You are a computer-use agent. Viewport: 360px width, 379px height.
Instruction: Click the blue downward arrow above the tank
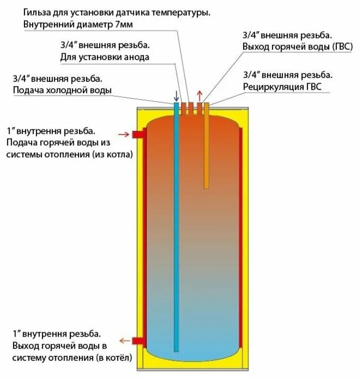tap(176, 95)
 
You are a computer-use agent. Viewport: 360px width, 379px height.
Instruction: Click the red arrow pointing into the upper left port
tap(124, 134)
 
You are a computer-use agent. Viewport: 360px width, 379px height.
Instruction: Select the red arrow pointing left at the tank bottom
tap(125, 341)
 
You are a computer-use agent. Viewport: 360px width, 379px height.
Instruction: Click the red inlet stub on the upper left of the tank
tap(139, 134)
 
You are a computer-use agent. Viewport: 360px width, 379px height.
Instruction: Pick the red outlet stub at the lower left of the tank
tap(139, 341)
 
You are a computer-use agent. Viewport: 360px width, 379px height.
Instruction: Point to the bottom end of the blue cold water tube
tap(177, 349)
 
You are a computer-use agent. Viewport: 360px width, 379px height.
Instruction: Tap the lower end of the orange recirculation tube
tap(206, 186)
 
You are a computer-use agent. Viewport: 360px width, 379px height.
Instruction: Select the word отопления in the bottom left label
tap(67, 358)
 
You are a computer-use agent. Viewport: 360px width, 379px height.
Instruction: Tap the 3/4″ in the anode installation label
tap(68, 46)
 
